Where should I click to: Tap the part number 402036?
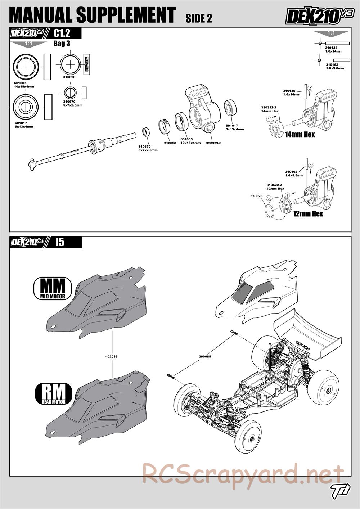click(112, 356)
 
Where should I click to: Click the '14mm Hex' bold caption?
click(300, 135)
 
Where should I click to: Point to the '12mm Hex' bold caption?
click(308, 214)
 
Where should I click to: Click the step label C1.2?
click(62, 33)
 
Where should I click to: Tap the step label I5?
click(60, 242)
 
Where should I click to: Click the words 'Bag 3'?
click(62, 44)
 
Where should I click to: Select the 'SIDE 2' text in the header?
click(199, 19)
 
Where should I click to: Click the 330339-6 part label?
click(213, 143)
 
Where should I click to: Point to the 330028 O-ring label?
click(256, 196)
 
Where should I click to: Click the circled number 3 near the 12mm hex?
click(268, 198)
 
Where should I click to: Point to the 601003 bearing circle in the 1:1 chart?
click(26, 67)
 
